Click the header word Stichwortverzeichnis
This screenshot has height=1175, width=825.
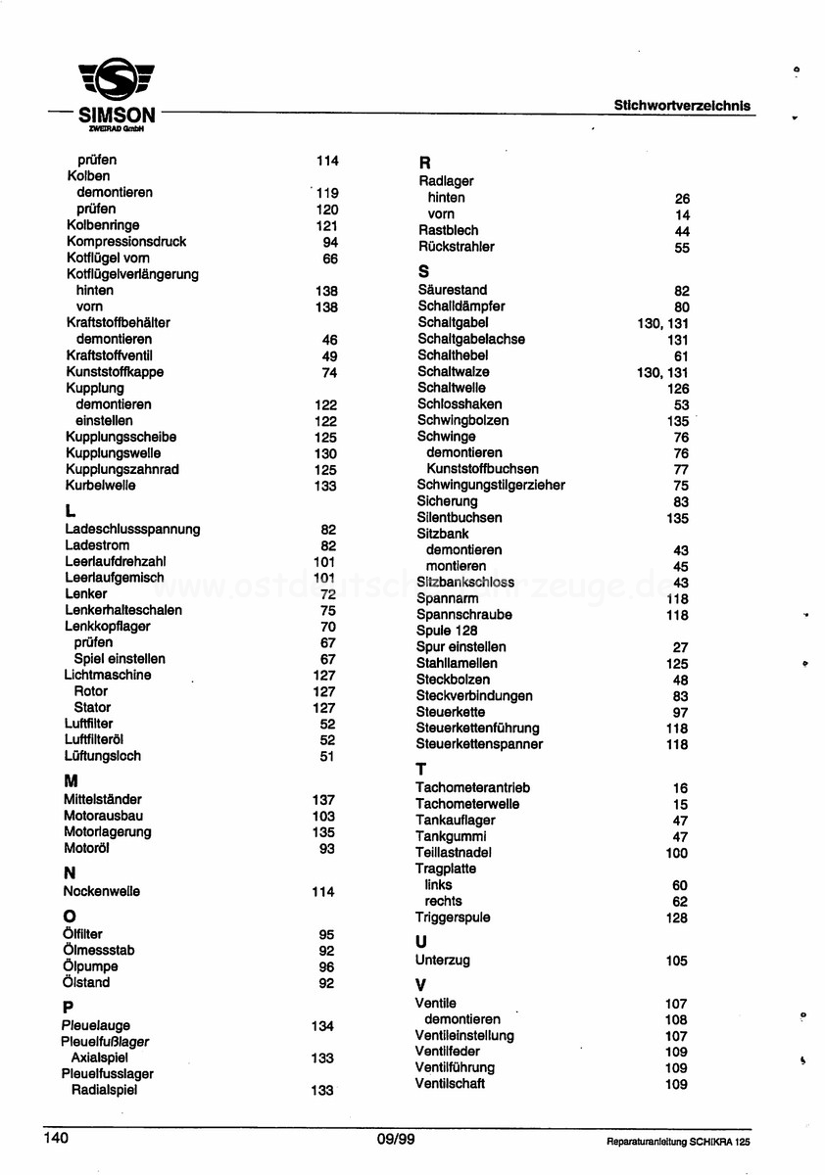(x=683, y=105)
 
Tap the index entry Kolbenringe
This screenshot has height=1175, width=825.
(x=103, y=225)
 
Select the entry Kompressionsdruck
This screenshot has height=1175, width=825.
(x=125, y=242)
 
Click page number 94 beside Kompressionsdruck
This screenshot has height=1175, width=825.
(x=329, y=242)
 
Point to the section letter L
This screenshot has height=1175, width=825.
(x=70, y=510)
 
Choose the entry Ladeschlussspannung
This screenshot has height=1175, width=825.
(x=132, y=530)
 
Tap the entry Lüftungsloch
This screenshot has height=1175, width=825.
(x=102, y=756)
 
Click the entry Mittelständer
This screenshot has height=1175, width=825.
(x=102, y=800)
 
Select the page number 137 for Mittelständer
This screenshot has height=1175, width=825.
(x=323, y=800)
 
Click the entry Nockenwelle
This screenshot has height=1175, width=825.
(x=101, y=892)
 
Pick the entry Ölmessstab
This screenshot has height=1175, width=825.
(x=98, y=951)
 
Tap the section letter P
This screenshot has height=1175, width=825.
(x=68, y=1007)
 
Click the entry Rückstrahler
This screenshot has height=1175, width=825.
(x=456, y=247)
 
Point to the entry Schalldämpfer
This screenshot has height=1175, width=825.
(x=461, y=306)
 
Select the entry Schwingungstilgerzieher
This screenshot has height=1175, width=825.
(x=490, y=486)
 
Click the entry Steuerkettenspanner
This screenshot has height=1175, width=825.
(x=478, y=744)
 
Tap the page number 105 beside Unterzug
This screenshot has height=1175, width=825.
(x=676, y=961)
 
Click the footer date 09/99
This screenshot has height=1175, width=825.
(x=395, y=1139)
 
